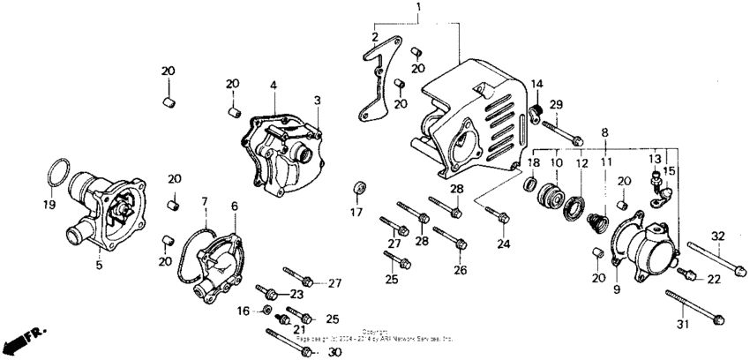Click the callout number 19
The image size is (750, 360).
coord(49,205)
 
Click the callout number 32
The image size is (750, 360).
coord(717,236)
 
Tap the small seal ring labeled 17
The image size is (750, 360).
coord(357,188)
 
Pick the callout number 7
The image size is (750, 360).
coord(205,202)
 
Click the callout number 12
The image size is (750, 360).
coord(581,163)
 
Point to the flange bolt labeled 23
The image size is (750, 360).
coord(268,292)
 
